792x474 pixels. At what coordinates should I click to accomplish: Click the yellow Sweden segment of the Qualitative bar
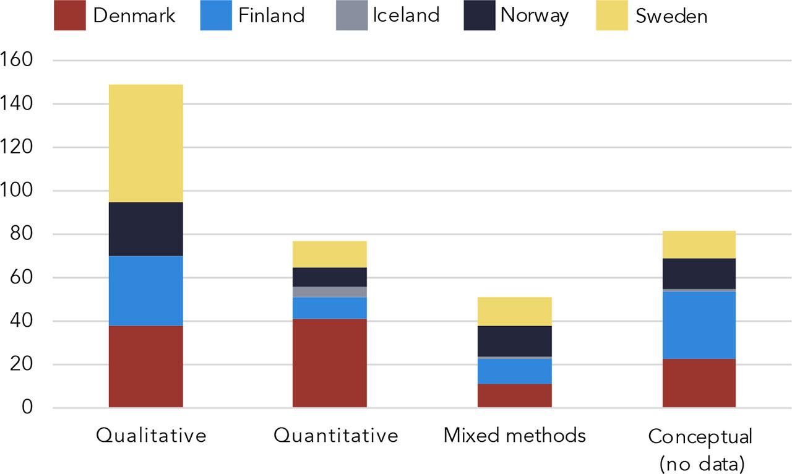(x=145, y=143)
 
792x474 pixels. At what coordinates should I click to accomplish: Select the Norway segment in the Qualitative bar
(x=145, y=229)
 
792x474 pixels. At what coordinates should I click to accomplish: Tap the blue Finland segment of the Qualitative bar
(x=145, y=290)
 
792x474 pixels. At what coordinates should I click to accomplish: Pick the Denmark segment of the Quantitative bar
(x=330, y=363)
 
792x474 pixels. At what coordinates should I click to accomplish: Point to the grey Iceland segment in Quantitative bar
(x=330, y=291)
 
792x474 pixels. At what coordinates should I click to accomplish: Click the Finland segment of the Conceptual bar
(x=699, y=325)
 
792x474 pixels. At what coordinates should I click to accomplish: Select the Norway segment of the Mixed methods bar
(x=514, y=341)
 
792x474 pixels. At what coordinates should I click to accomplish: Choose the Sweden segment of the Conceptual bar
(x=699, y=244)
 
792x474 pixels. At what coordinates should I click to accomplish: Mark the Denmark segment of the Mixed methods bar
(x=514, y=395)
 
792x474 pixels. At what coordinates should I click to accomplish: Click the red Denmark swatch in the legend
(x=70, y=15)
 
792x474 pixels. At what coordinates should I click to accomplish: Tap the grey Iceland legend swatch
(x=351, y=15)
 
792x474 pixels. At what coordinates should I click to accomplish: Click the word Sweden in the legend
(x=671, y=16)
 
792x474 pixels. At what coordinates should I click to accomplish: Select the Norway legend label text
(x=534, y=15)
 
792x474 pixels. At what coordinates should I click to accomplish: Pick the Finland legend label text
(x=271, y=15)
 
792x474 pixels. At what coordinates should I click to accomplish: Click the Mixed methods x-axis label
(x=514, y=436)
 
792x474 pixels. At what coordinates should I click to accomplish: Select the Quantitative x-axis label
(x=335, y=436)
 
